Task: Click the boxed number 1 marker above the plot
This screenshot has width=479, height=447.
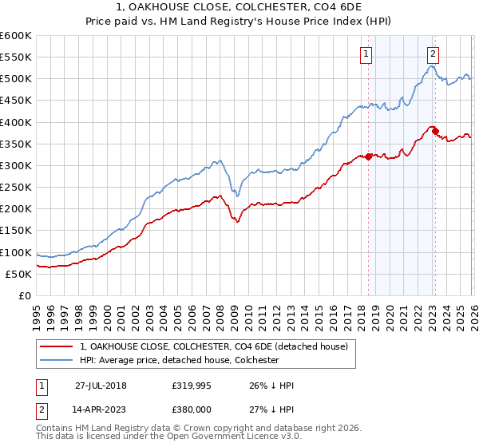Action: click(x=366, y=54)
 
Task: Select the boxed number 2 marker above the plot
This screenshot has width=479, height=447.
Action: click(x=433, y=54)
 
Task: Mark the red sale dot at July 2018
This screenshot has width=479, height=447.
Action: click(x=368, y=156)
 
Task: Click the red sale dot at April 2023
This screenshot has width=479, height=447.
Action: click(x=435, y=131)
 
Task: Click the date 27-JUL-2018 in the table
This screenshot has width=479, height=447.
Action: click(x=101, y=385)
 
